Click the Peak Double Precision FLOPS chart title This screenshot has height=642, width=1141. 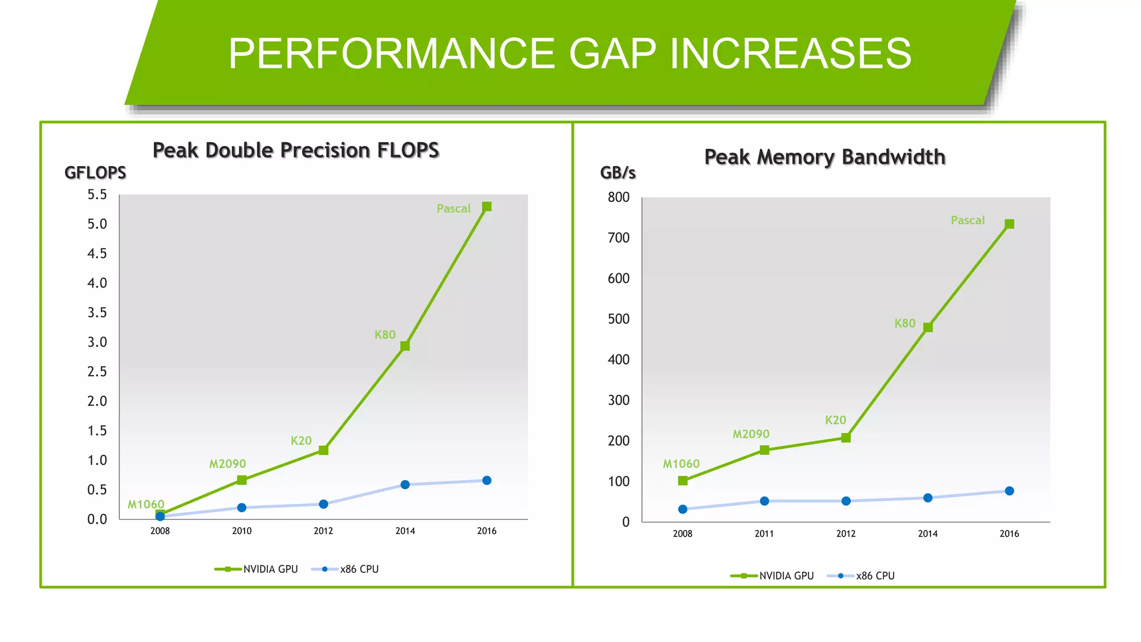296,150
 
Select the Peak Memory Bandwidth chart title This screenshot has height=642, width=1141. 825,157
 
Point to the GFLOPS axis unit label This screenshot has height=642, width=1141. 95,173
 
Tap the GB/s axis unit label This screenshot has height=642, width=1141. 618,173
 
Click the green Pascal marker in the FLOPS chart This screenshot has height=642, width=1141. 486,207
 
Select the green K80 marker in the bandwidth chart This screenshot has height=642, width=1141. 928,327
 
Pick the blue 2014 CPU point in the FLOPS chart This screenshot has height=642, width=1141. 405,485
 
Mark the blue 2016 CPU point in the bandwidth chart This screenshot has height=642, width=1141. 1010,491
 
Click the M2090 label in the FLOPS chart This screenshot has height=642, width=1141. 227,464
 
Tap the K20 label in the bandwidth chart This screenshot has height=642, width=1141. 835,420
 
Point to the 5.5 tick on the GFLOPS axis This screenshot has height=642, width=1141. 97,194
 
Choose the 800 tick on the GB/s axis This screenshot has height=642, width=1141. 618,197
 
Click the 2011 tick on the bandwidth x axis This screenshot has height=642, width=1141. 764,534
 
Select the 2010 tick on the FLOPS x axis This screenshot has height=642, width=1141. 242,531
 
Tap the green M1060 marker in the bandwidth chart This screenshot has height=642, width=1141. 682,480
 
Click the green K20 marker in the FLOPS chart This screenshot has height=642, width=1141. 323,450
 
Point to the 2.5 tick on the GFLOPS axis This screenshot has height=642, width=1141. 97,372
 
